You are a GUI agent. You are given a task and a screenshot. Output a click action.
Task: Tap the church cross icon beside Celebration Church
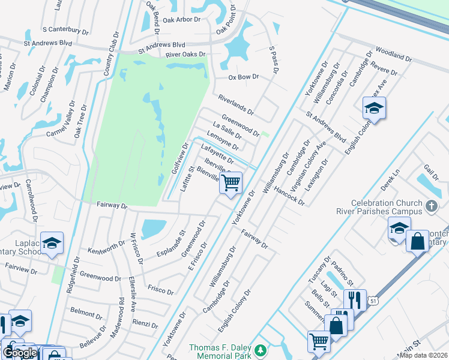point(430,207)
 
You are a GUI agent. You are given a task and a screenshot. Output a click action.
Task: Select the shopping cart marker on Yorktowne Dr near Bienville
point(231,183)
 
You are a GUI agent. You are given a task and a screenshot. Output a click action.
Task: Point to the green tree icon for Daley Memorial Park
point(260,350)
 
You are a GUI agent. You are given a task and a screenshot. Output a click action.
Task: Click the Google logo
point(20,353)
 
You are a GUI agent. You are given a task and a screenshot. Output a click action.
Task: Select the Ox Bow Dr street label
point(243,77)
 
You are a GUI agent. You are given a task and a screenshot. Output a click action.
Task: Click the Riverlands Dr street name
point(236,104)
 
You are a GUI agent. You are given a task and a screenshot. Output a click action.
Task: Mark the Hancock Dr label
point(289,195)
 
